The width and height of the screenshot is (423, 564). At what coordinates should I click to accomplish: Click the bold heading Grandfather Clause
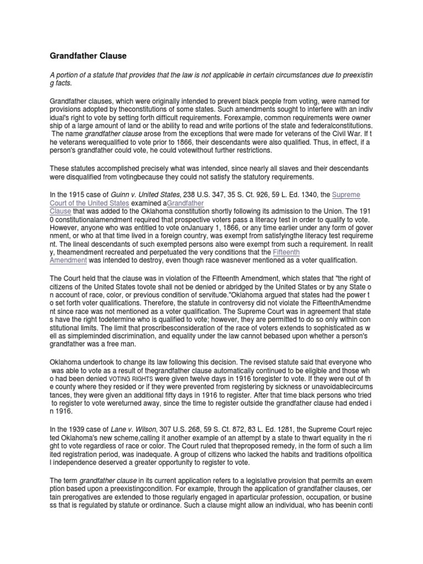pos(89,56)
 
